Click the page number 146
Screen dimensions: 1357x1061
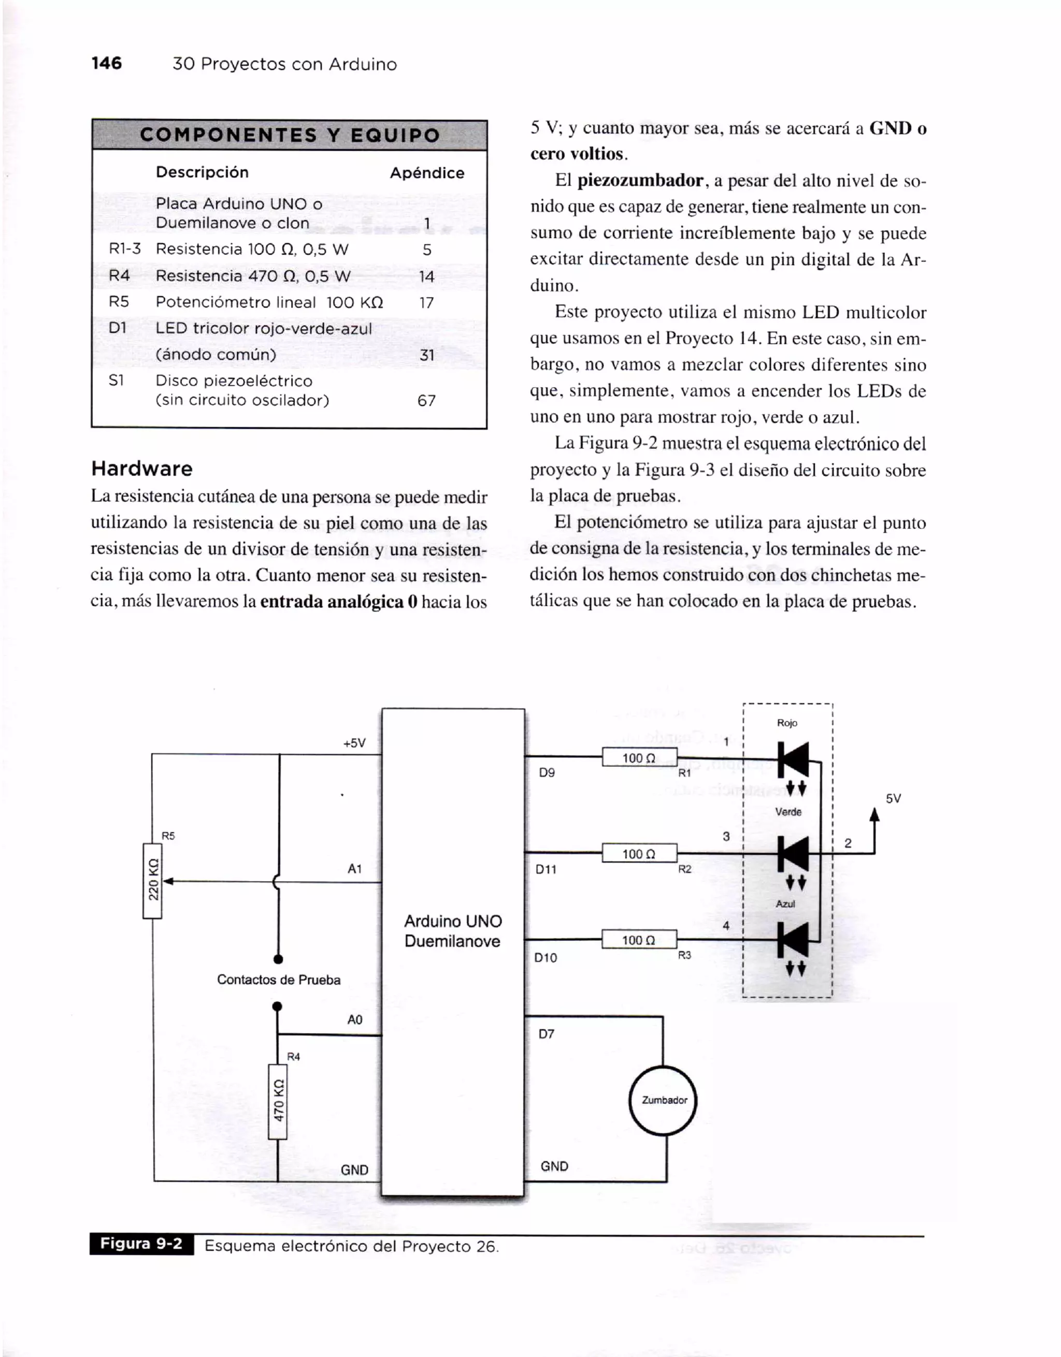coord(106,63)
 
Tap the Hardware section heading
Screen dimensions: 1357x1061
coord(142,469)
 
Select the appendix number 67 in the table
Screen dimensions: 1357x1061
coord(426,401)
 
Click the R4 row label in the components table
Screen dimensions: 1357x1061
coord(119,276)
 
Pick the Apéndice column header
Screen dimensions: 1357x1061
coord(427,173)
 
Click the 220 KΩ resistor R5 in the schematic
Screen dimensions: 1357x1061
coord(153,881)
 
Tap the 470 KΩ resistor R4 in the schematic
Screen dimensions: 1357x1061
coord(278,1102)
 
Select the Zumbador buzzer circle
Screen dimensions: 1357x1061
coord(663,1100)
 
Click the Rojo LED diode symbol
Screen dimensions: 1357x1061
coord(794,760)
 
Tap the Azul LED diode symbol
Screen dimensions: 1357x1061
coord(794,940)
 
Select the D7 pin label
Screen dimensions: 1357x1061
coord(547,1034)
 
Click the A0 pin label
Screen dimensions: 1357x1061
coord(355,1019)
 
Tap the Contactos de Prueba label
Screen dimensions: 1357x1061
coord(278,980)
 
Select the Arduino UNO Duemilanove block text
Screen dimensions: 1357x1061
coord(452,931)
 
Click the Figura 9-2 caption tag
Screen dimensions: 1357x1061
coord(142,1243)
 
